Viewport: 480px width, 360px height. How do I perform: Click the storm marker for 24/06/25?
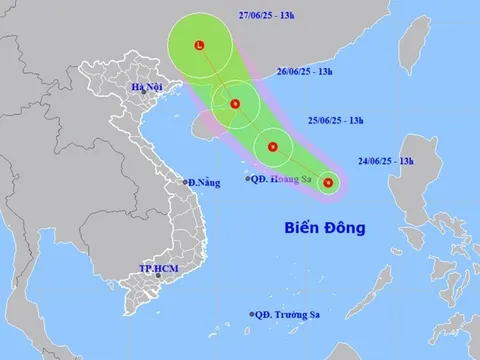pyautogui.click(x=328, y=183)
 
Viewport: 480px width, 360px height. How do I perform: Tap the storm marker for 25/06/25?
pyautogui.click(x=272, y=148)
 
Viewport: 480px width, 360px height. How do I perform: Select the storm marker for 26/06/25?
pyautogui.click(x=234, y=103)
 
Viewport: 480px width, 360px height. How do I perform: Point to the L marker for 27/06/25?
pyautogui.click(x=199, y=45)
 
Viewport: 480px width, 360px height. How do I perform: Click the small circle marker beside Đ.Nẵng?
pyautogui.click(x=187, y=182)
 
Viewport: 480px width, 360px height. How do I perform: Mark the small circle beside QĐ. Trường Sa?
pyautogui.click(x=251, y=315)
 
